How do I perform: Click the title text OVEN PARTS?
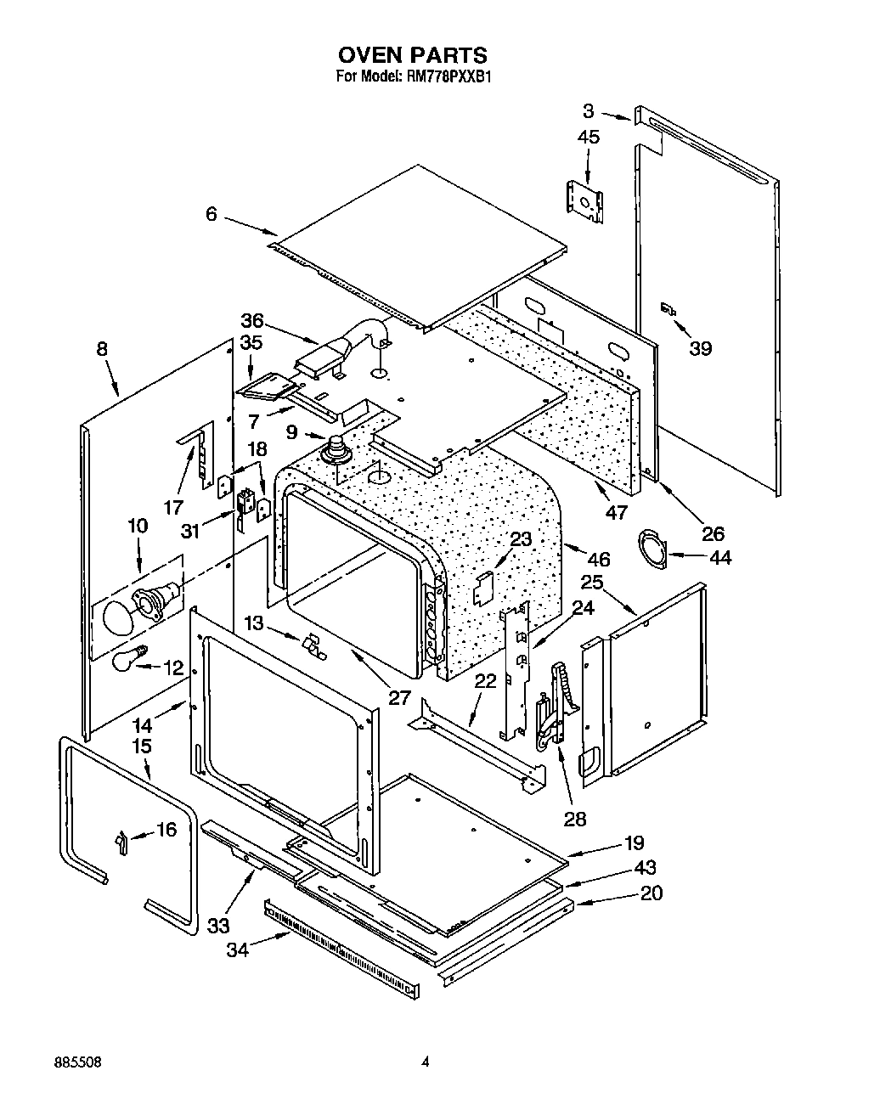413,55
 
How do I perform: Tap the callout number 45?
588,137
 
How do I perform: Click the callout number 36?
252,321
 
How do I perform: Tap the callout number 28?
575,818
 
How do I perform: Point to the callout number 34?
238,949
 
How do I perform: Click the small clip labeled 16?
121,842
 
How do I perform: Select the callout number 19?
634,843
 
